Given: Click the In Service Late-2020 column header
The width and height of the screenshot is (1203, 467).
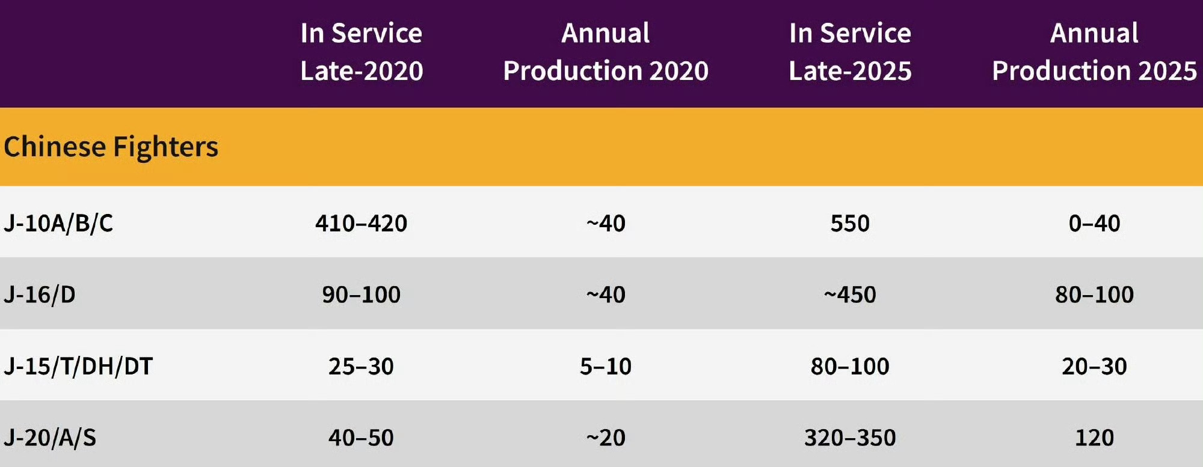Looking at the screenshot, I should [361, 52].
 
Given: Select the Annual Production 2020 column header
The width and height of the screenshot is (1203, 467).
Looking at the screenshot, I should [606, 52].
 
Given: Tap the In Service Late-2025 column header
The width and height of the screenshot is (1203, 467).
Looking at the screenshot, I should [850, 52].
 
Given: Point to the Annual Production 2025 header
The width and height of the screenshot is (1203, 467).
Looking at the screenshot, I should [1094, 52].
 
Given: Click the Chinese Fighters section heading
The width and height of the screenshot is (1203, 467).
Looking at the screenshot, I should [111, 147].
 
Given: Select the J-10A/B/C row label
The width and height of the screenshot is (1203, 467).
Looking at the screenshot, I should [58, 223].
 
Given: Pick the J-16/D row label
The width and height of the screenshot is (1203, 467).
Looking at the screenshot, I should [40, 295].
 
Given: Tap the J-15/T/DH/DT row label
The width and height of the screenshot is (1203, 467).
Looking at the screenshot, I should [78, 366].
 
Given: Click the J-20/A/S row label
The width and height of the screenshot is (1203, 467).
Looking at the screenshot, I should [50, 438].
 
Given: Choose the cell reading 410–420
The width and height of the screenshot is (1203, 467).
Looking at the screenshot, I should [361, 223].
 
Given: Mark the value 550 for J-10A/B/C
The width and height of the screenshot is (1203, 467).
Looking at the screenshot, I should [850, 223].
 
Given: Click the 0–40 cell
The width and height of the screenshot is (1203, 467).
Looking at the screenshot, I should [1094, 223].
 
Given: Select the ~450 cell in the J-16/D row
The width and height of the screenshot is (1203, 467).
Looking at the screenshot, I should [850, 295].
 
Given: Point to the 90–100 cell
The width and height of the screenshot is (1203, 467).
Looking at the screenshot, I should [361, 295].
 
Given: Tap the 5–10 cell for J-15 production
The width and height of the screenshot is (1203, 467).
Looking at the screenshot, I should [606, 366].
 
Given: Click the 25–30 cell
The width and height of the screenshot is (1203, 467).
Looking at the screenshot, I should [361, 366].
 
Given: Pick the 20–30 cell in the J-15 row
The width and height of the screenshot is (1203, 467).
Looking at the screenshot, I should [1094, 366].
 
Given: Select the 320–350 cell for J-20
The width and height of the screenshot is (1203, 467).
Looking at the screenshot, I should [850, 438].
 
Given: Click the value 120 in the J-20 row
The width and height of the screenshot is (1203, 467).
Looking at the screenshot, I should [1094, 438].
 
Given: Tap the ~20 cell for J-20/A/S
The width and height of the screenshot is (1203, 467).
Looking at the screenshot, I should [606, 438].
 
